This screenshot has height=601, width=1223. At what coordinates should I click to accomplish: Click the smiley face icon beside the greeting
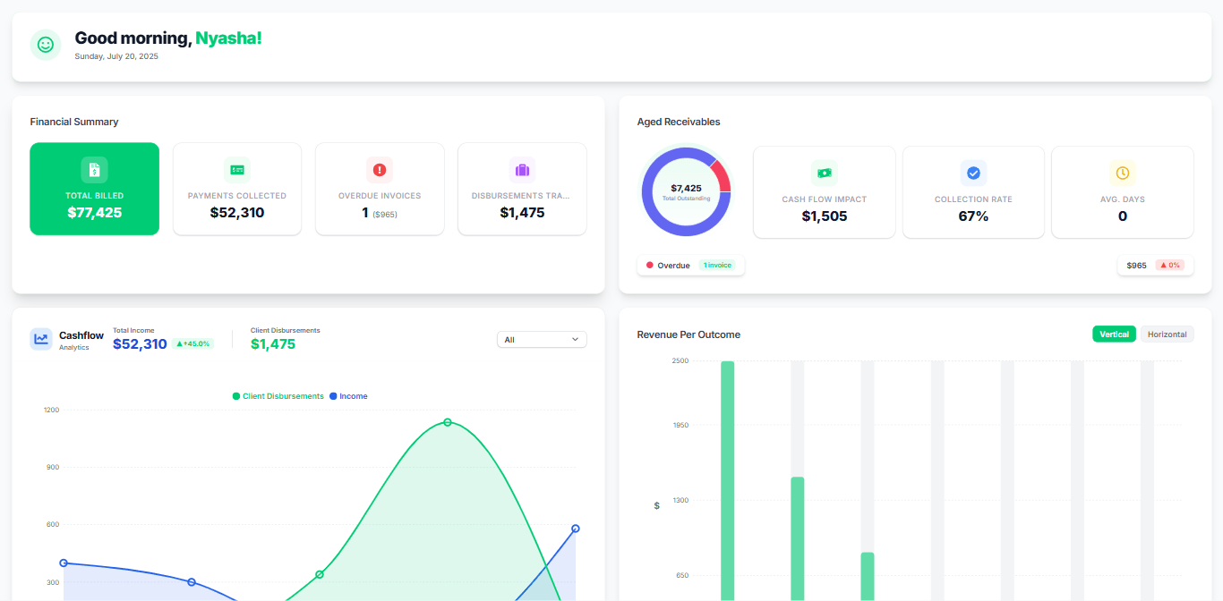45,45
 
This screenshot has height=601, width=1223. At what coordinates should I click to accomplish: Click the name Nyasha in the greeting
228,38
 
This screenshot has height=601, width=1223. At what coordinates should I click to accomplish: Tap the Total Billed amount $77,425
94,213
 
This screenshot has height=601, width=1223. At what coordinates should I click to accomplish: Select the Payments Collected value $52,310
237,213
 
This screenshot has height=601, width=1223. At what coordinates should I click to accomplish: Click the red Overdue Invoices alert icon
380,170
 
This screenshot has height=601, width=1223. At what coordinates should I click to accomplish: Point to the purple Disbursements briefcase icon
522,170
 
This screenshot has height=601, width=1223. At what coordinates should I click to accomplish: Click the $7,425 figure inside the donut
686,188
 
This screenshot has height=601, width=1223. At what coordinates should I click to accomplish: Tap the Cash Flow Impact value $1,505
824,216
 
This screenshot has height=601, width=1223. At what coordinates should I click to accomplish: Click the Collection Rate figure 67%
973,216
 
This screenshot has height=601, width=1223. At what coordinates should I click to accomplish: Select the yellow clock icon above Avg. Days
1122,173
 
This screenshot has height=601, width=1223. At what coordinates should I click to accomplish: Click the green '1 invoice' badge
716,266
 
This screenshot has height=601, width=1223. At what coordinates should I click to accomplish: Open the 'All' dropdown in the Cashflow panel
542,340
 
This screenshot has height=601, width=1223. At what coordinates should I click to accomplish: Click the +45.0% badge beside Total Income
192,343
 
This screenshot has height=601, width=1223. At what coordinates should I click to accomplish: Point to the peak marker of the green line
448,422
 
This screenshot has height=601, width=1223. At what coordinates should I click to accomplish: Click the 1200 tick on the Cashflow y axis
51,410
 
